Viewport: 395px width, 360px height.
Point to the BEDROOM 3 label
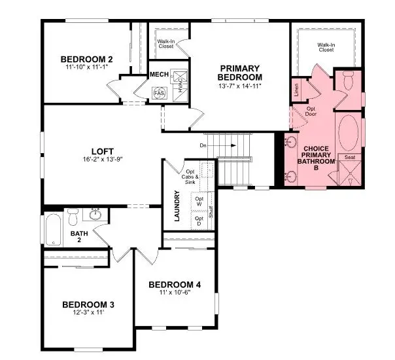[88, 304]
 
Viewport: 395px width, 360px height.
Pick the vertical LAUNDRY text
[177, 206]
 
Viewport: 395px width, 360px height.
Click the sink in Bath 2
[95, 214]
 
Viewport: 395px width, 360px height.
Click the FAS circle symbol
[159, 94]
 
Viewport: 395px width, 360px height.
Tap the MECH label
[159, 75]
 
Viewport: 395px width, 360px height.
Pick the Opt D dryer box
[199, 221]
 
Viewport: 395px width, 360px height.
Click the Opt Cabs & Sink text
[190, 175]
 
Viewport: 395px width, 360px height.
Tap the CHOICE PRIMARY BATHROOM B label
[316, 154]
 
